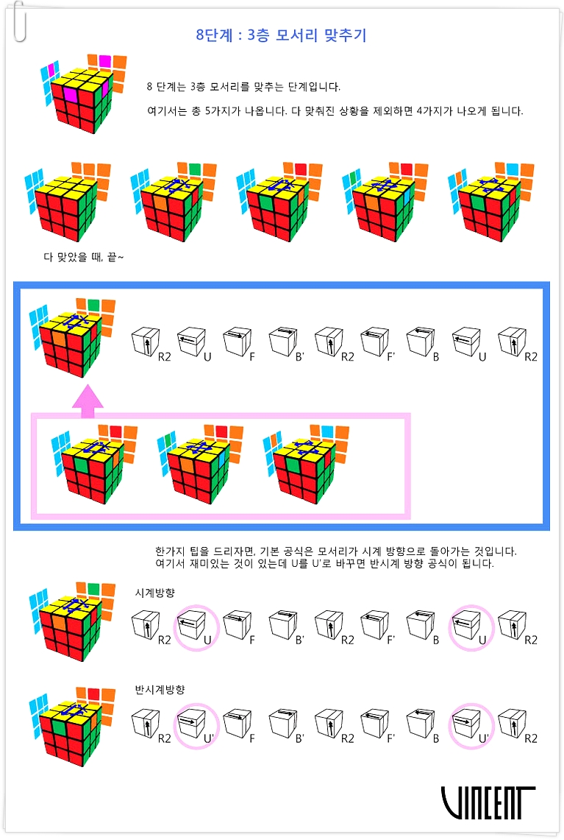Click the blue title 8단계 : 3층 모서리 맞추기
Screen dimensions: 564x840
coord(281,35)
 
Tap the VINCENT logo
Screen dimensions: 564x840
coord(488,802)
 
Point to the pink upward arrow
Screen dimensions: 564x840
coord(88,400)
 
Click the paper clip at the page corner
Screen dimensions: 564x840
coord(20,21)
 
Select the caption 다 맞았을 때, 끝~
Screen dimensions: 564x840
coord(84,258)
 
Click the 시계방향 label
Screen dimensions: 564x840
coord(155,593)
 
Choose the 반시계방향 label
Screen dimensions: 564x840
coord(160,690)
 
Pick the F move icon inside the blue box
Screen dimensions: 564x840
coord(239,343)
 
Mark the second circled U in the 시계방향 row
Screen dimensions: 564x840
coord(471,627)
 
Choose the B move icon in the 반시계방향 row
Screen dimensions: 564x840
coord(424,725)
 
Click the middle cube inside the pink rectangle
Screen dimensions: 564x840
coord(200,464)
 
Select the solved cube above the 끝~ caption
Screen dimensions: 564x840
coord(68,202)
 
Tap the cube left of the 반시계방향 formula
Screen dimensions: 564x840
coord(72,727)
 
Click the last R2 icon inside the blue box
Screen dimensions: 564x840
coord(517,343)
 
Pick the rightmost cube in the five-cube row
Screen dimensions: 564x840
coord(490,202)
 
